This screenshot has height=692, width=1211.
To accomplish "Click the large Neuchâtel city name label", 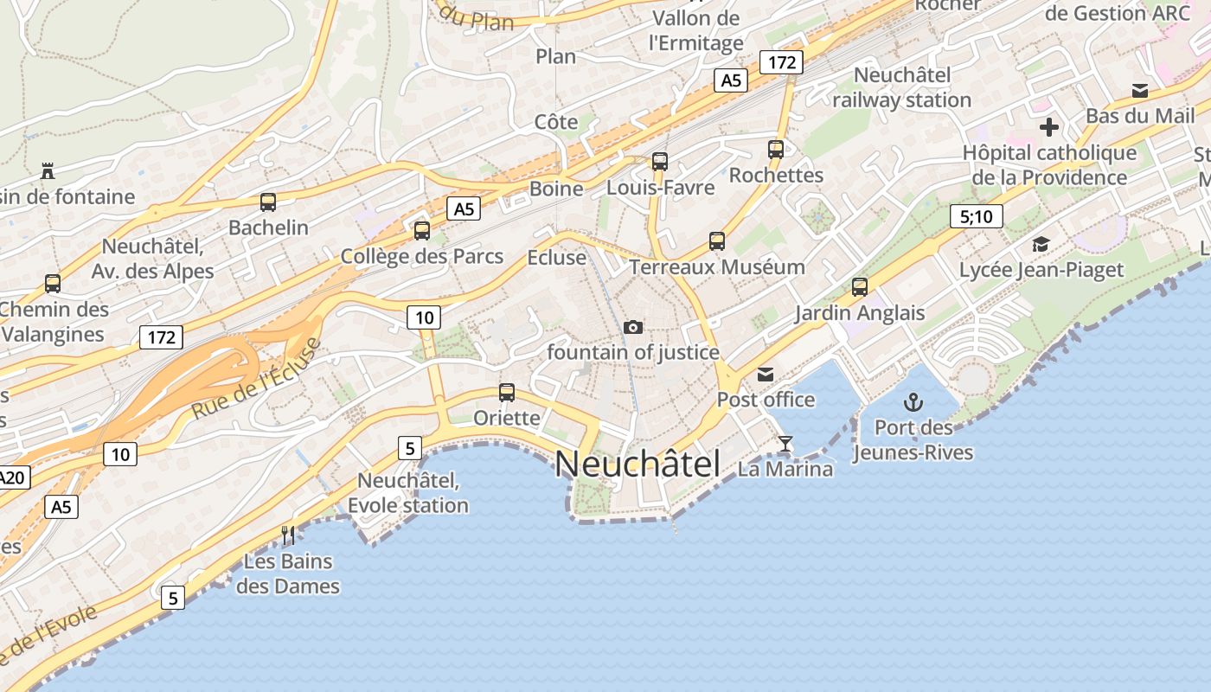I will click(x=637, y=465).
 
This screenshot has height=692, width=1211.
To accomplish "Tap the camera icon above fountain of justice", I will click(x=633, y=327).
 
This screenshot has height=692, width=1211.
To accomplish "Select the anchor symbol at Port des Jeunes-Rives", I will click(x=913, y=402).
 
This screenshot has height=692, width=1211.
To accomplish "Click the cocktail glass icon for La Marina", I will click(x=785, y=444).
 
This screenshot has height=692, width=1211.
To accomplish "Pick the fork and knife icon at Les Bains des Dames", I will click(x=288, y=535).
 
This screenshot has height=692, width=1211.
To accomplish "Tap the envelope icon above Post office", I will click(x=766, y=374).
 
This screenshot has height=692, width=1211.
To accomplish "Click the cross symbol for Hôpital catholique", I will click(x=1049, y=128).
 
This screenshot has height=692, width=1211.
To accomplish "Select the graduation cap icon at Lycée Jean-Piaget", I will click(x=1041, y=244).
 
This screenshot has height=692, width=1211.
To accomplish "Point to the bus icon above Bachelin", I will click(x=268, y=202).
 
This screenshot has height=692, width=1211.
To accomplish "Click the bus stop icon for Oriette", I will click(x=507, y=393).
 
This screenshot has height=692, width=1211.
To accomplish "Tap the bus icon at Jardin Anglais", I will click(x=859, y=287).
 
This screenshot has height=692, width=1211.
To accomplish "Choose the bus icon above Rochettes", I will click(x=776, y=150).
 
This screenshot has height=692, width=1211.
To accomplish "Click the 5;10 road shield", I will click(x=976, y=216).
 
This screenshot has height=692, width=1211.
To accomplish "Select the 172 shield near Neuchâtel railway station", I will click(x=781, y=62).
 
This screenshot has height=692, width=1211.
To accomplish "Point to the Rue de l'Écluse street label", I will click(x=256, y=379).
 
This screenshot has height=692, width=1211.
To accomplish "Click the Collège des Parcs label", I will click(x=421, y=256).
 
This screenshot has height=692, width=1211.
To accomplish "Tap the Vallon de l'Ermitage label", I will click(x=696, y=30).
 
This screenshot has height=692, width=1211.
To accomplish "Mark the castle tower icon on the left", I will click(x=48, y=171).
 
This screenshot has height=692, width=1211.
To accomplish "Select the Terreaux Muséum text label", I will click(x=717, y=266).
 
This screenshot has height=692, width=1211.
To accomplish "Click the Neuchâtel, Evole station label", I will click(x=408, y=492).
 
